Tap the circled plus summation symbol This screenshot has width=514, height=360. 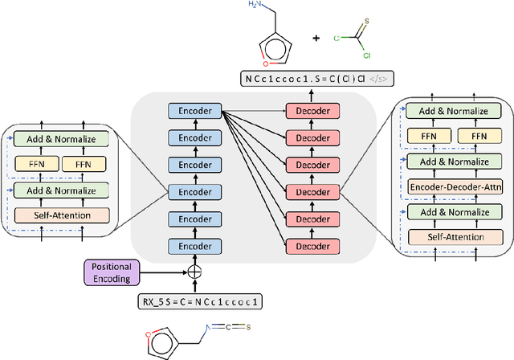[194, 272]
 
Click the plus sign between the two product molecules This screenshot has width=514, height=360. [315, 37]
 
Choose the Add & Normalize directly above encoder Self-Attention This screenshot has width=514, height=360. [60, 191]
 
